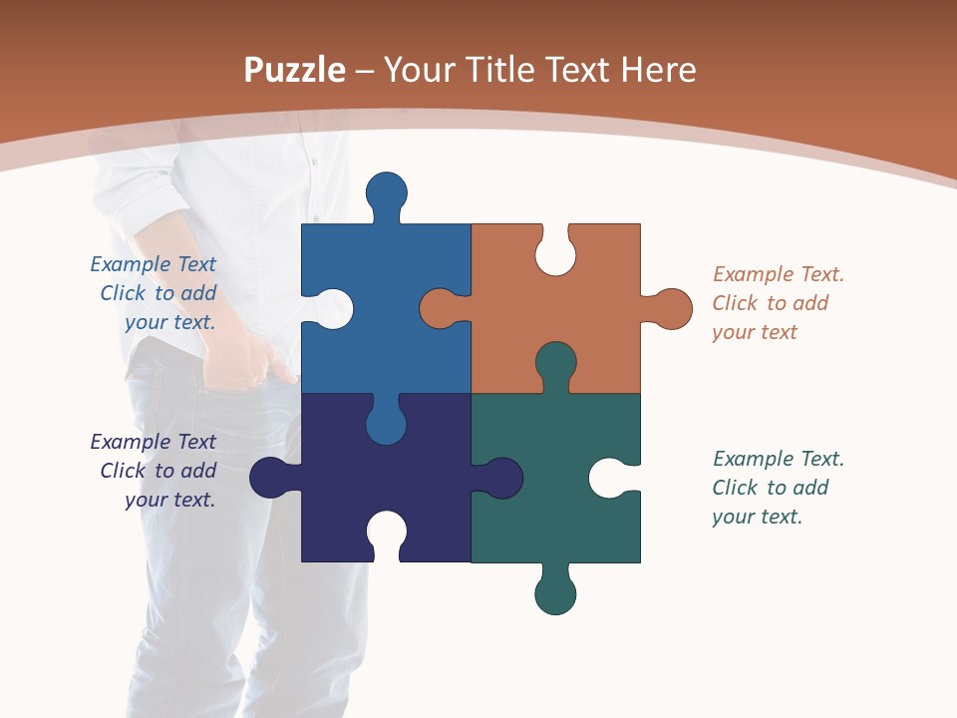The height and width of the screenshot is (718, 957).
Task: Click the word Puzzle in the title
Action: [294, 71]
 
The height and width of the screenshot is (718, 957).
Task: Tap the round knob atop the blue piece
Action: [387, 191]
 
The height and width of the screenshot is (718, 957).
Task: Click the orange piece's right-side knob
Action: [671, 308]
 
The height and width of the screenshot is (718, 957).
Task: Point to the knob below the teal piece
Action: [555, 594]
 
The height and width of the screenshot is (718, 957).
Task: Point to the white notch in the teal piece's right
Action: [609, 478]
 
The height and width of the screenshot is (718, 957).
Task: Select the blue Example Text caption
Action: [154, 293]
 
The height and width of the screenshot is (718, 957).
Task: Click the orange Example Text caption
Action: [778, 303]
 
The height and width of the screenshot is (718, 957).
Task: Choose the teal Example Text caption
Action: [778, 488]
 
